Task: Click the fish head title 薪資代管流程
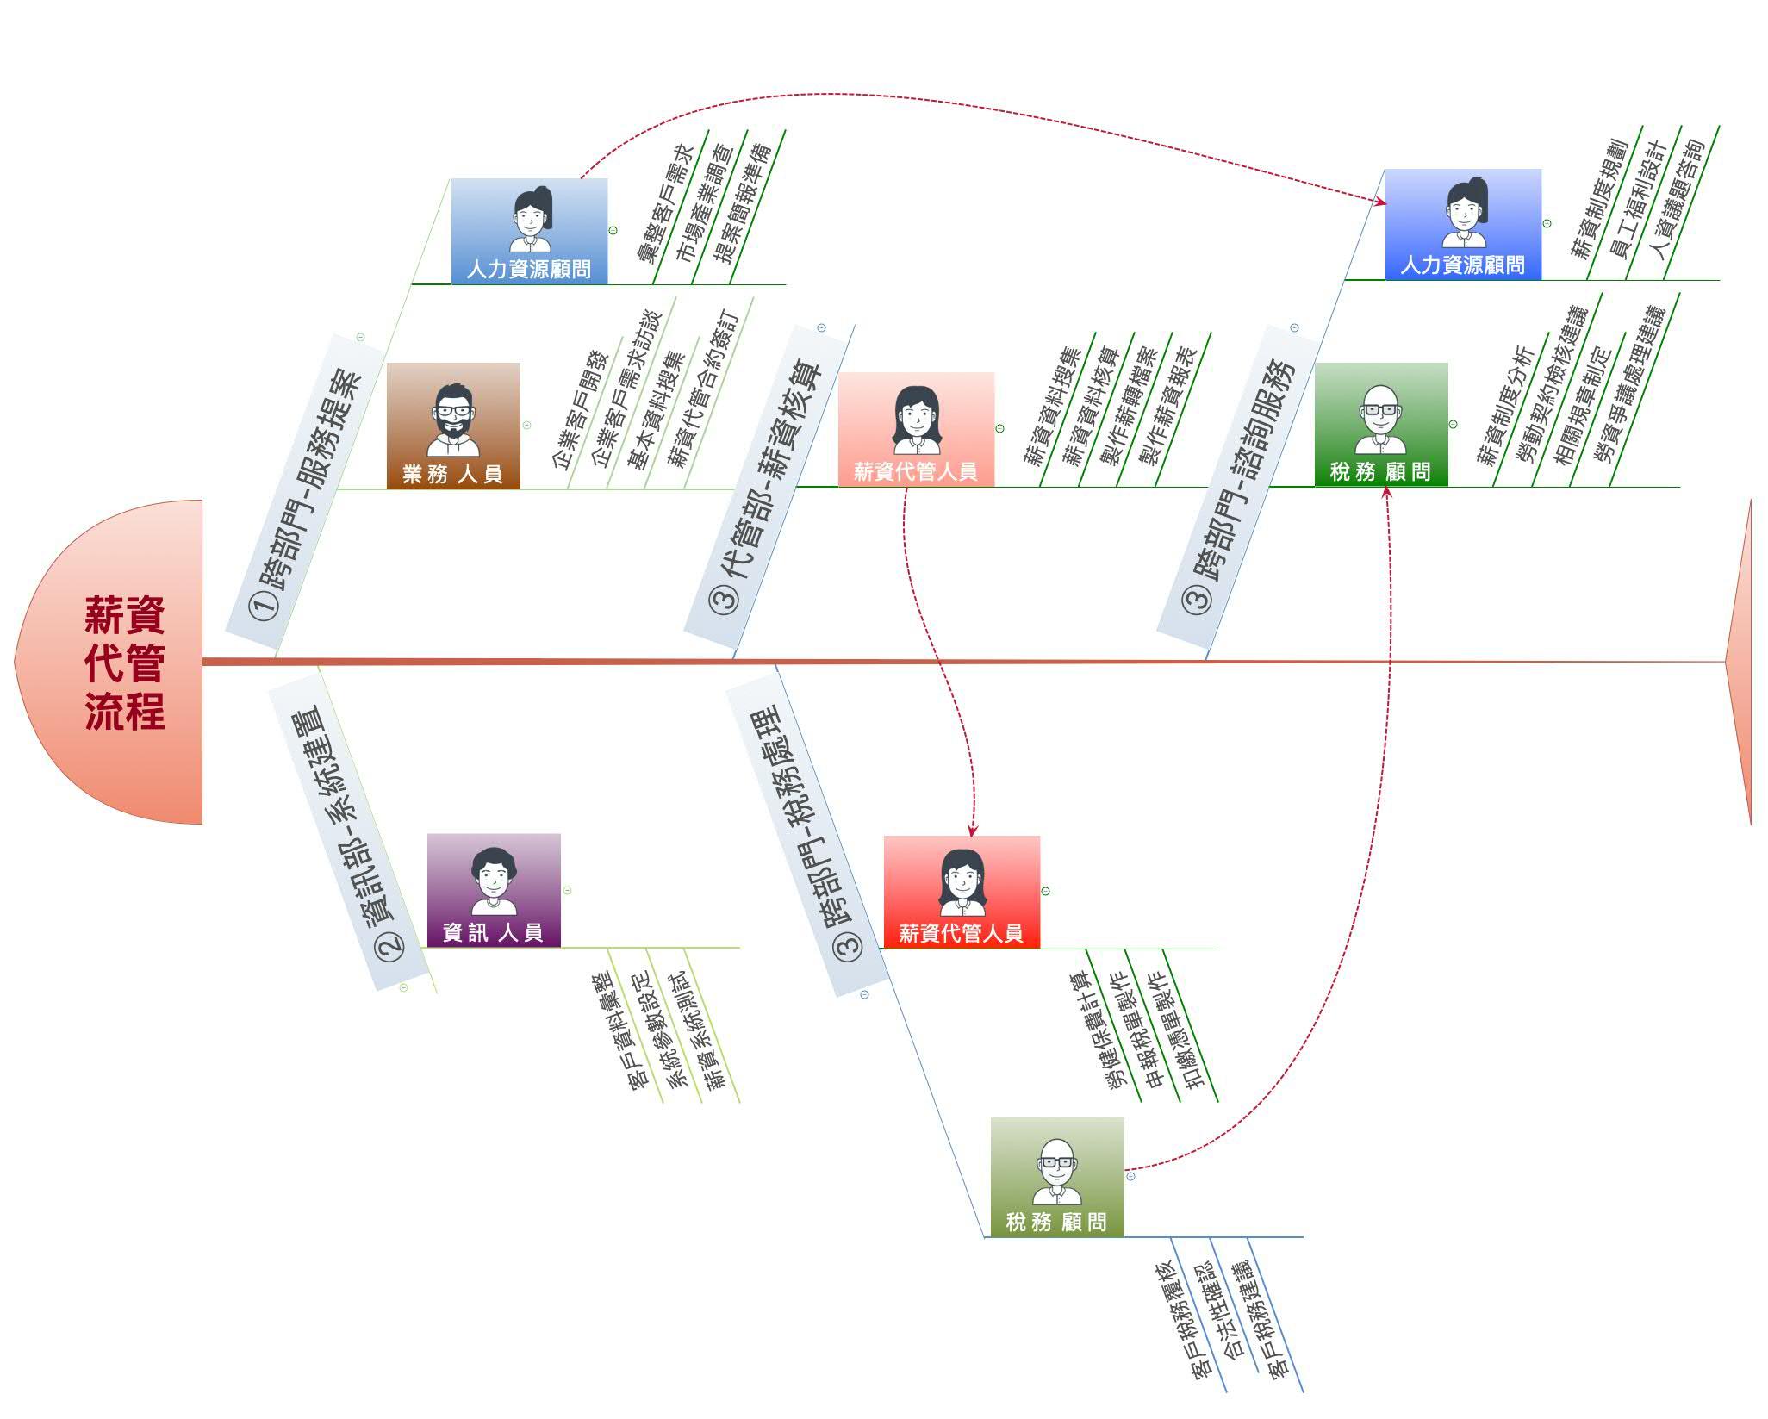click(x=124, y=662)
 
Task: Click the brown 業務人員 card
click(x=453, y=426)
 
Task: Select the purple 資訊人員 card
click(x=494, y=890)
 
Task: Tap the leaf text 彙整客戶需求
click(x=664, y=205)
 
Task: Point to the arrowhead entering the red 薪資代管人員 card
click(x=972, y=831)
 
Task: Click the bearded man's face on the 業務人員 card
click(x=452, y=412)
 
